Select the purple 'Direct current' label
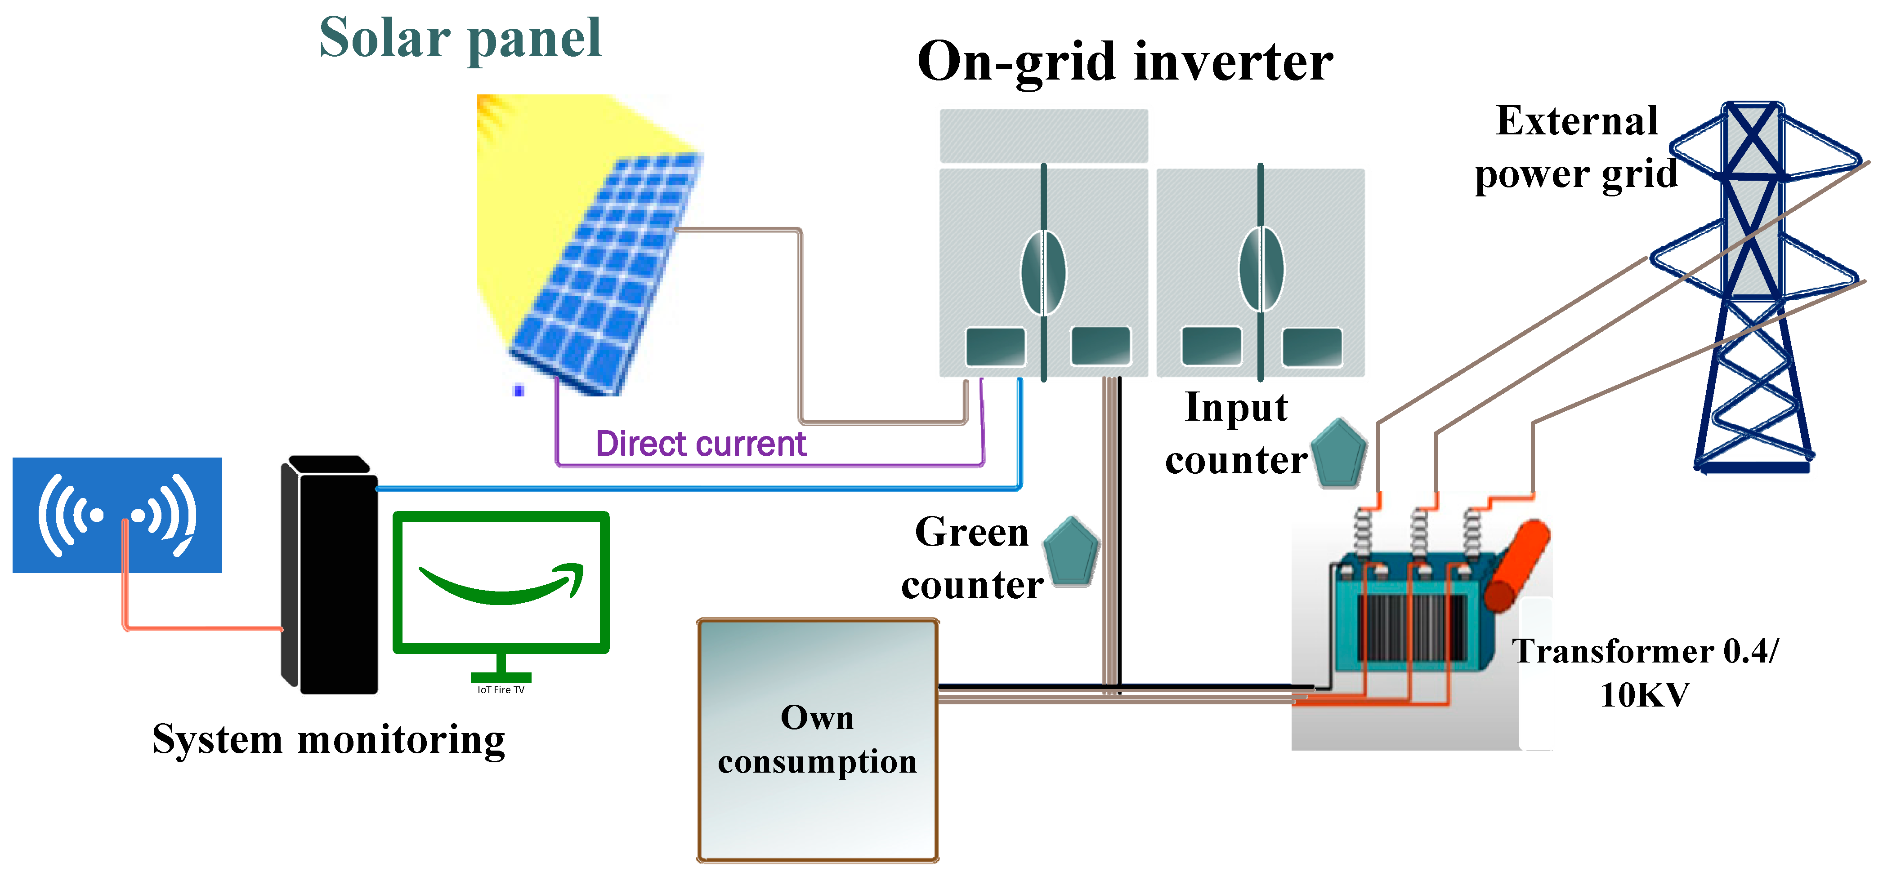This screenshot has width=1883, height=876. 700,444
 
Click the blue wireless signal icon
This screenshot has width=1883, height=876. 117,515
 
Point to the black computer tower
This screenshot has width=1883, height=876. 331,577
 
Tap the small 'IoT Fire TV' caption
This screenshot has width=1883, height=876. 501,689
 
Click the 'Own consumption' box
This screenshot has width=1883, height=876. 817,739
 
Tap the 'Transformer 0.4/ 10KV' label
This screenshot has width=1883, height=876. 1645,672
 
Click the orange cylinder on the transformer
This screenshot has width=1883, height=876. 1517,566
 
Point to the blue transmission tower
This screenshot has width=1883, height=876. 1754,292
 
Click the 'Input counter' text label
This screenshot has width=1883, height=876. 1235,433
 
